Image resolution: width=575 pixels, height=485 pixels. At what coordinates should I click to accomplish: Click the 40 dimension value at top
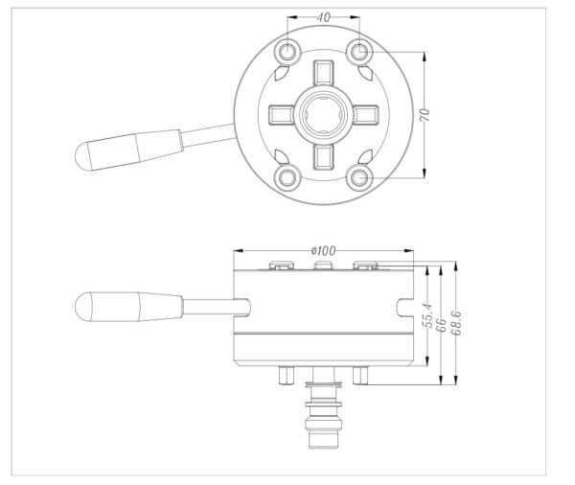click(322, 17)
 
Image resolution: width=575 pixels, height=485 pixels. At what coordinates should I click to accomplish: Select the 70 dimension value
click(425, 113)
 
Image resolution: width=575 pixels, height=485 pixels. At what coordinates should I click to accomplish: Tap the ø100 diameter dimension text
click(323, 251)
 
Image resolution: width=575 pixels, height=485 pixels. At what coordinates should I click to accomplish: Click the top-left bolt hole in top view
click(287, 51)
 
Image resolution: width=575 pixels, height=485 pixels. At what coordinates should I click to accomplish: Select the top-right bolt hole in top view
click(358, 51)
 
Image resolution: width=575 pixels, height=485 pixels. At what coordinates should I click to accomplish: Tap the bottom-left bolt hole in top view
click(287, 177)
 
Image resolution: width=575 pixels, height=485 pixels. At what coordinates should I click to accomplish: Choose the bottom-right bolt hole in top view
click(358, 177)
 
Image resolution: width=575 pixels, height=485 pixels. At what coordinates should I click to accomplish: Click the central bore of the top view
click(322, 114)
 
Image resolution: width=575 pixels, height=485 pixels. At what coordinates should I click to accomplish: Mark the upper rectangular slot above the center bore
click(322, 74)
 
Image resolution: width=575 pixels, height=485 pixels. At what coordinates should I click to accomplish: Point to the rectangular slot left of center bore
click(281, 115)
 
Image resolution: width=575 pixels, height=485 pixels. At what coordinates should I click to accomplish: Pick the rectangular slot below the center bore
click(322, 155)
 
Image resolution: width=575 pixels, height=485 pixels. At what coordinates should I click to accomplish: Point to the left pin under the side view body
click(284, 375)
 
